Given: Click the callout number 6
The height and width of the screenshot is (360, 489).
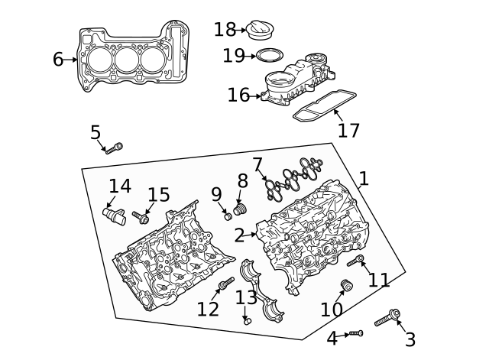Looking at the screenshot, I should click(x=58, y=59).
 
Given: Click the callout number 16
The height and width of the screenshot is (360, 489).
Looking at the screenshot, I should click(x=238, y=95).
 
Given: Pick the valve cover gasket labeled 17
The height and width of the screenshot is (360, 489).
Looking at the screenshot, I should click(x=325, y=105).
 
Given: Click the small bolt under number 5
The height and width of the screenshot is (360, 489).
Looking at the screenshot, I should click(x=115, y=148).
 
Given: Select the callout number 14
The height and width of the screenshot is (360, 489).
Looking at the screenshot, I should click(x=119, y=186).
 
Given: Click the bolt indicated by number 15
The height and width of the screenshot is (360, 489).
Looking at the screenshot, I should click(x=141, y=218).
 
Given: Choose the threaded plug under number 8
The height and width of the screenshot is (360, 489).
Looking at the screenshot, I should click(x=241, y=209).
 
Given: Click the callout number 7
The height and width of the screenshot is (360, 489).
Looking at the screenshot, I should click(x=257, y=164).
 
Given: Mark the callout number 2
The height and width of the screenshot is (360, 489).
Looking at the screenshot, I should click(x=239, y=235).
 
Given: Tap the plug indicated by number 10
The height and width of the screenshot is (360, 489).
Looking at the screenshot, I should click(x=345, y=287).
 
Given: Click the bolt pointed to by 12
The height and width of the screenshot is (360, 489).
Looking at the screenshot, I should click(x=225, y=286).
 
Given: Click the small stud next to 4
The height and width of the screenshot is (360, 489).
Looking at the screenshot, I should click(x=355, y=334).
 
